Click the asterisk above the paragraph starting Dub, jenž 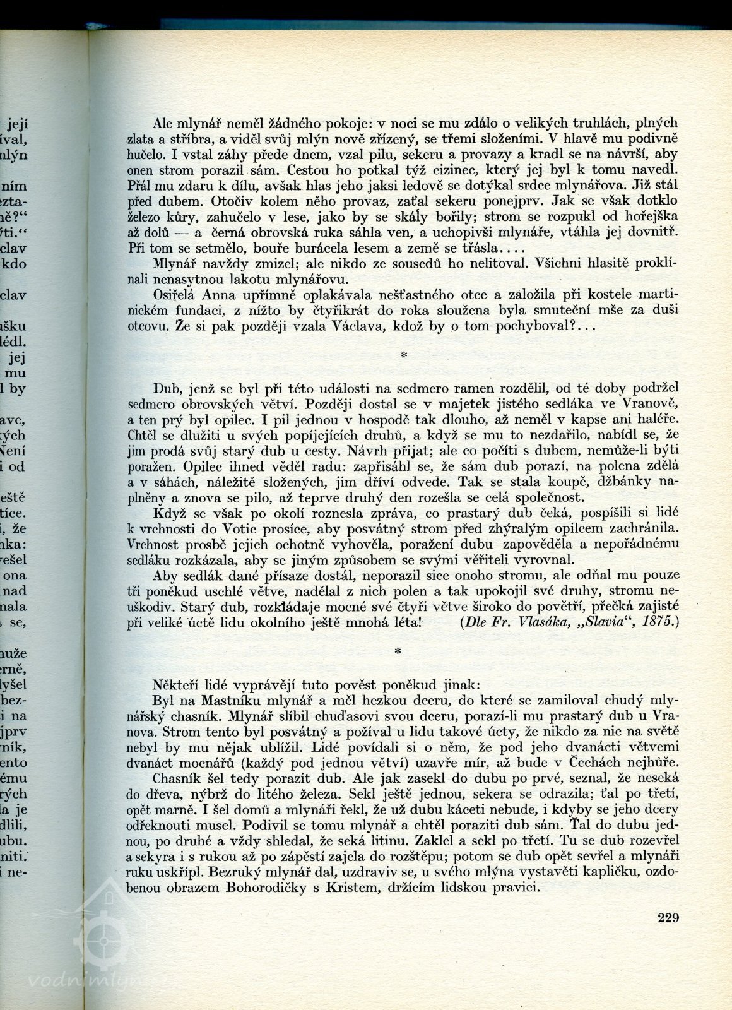point(404,356)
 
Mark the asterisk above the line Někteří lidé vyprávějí point(398,653)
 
